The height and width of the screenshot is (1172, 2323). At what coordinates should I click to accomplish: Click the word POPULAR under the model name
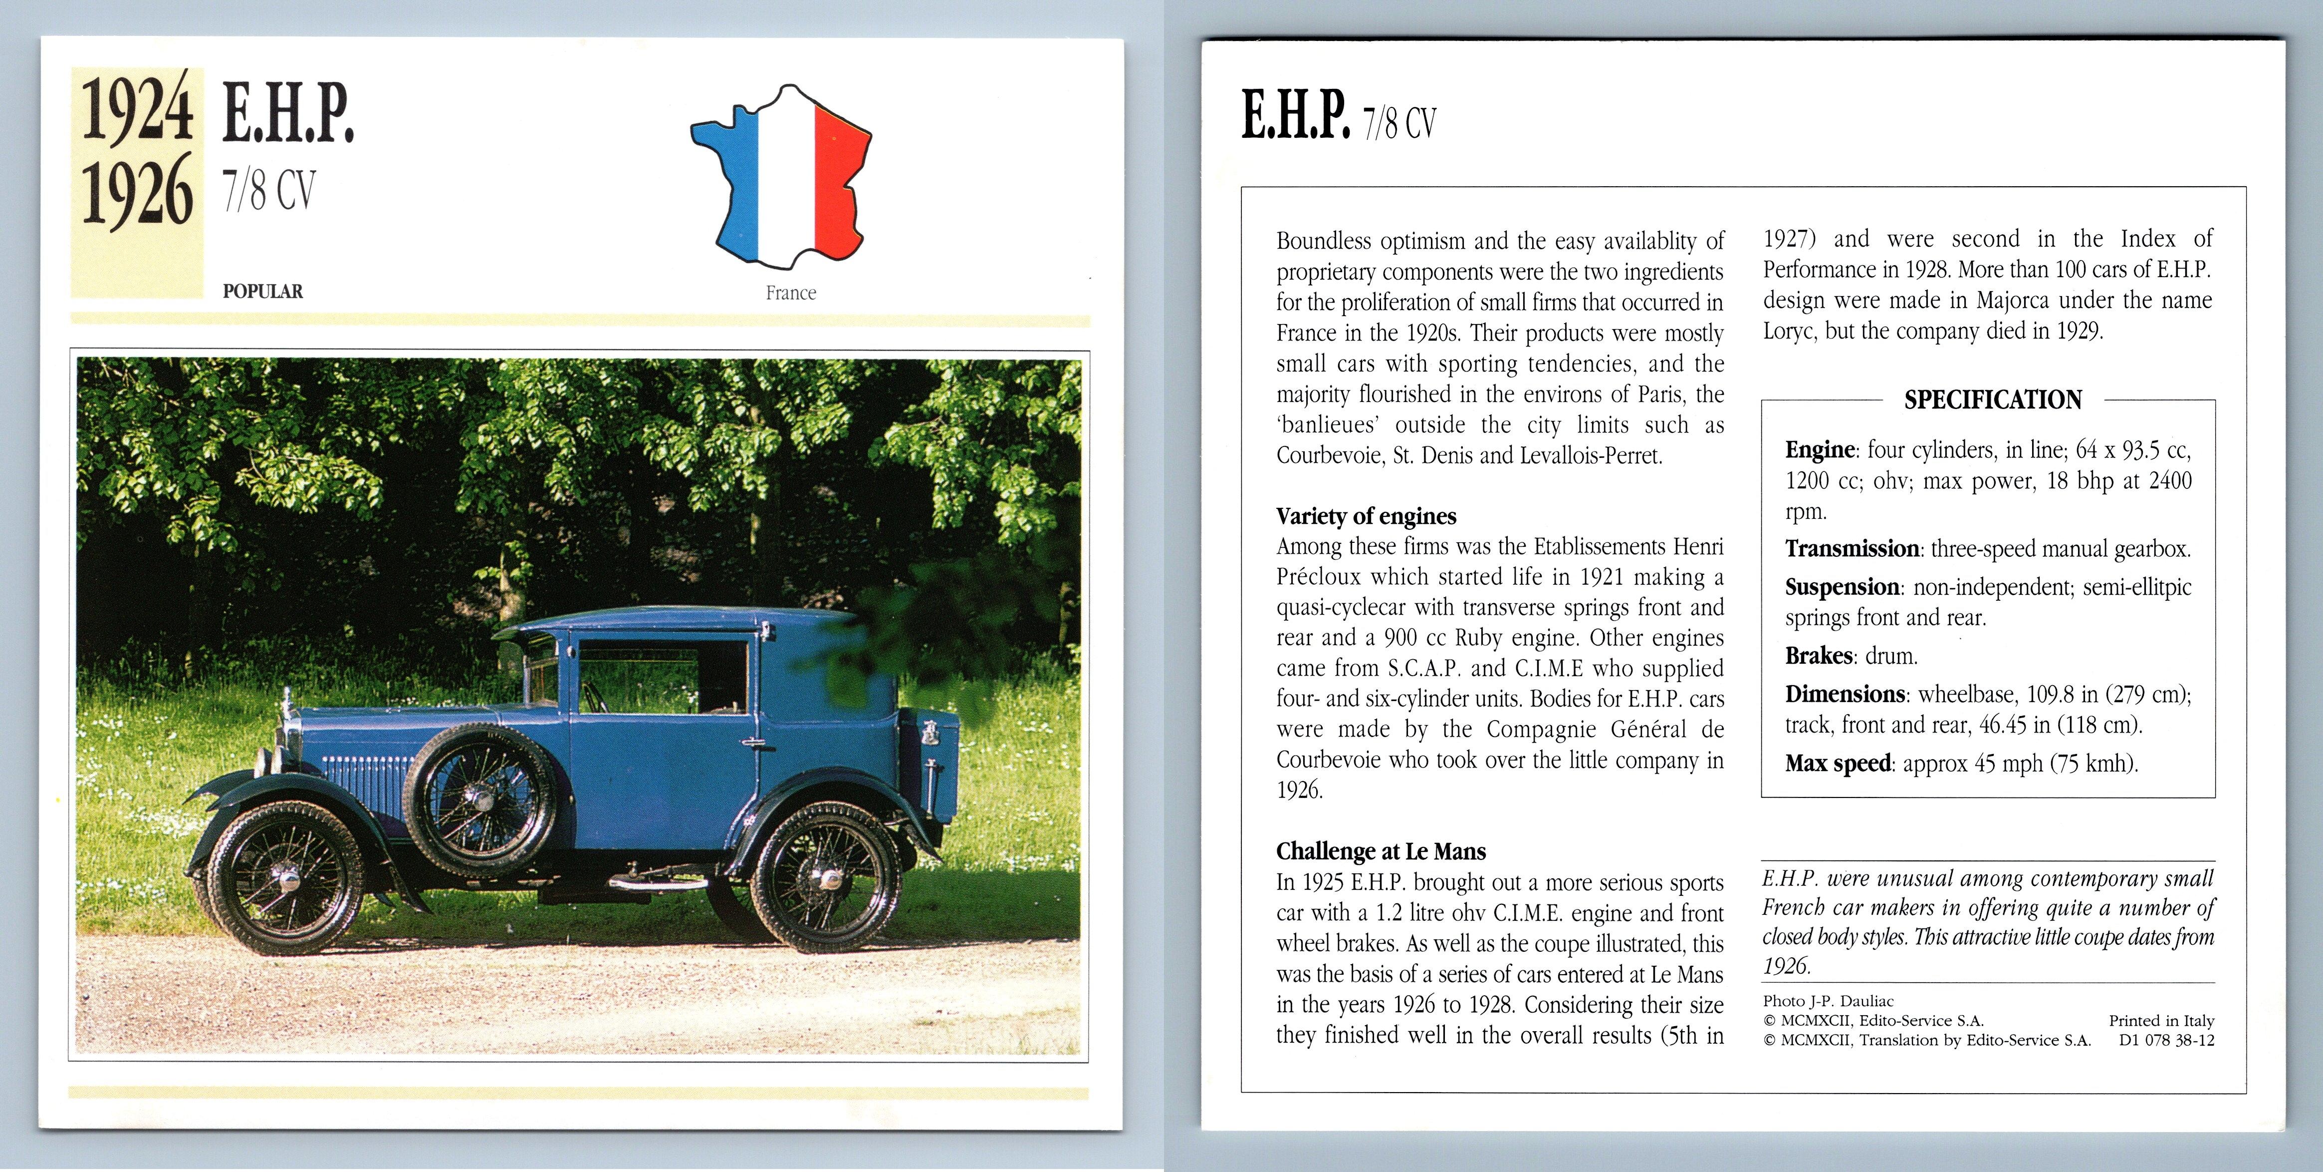262,292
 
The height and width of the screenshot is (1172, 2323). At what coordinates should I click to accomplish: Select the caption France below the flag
791,293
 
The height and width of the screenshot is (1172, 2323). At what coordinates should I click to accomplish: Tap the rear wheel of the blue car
827,878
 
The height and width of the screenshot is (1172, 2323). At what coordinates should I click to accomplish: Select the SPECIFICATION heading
1992,399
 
